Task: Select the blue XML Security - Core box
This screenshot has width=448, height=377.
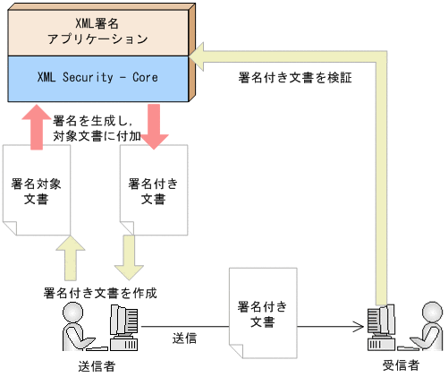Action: coord(98,78)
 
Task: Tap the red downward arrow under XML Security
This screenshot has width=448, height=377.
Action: coord(156,125)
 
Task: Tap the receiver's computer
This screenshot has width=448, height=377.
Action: coord(381,328)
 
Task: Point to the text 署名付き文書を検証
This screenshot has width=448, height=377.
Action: coord(295,78)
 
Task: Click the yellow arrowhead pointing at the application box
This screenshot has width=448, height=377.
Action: coord(207,56)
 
